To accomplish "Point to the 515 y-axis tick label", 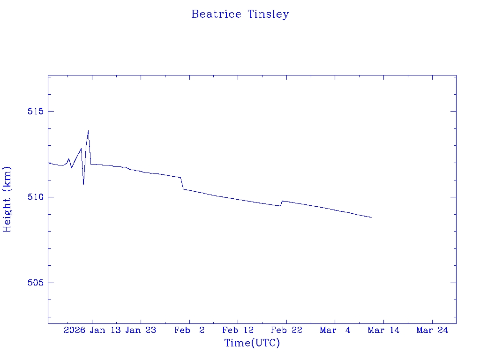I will (x=35, y=112).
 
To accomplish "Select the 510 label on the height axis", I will (x=35, y=197).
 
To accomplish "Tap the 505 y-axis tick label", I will (x=35, y=283).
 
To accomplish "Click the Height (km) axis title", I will (x=7, y=199).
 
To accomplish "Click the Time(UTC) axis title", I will (x=252, y=343).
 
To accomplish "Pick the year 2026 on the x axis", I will (x=75, y=330).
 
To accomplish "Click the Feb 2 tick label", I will (x=189, y=330).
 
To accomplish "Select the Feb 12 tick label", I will (x=238, y=330).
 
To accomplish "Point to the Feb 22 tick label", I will (x=286, y=330).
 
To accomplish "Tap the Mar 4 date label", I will (x=335, y=330).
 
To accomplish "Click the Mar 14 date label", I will (x=383, y=330).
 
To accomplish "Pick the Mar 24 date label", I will (x=432, y=330).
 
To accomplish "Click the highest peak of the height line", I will (x=88, y=131).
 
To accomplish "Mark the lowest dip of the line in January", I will (x=83, y=184).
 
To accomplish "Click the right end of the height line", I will (x=371, y=217).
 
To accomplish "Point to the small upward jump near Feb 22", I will (x=282, y=201).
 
